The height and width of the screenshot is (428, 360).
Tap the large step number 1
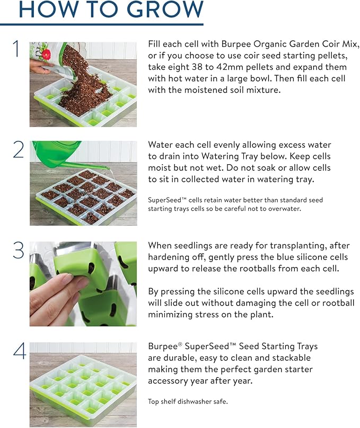coord(16,49)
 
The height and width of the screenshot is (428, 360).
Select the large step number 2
coord(18,149)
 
